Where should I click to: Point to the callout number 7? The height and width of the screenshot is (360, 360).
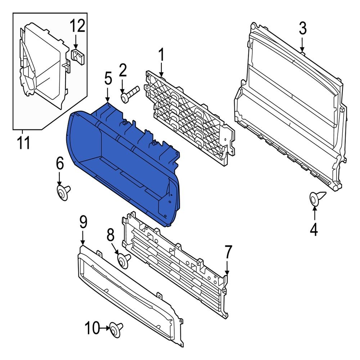pyautogui.click(x=228, y=252)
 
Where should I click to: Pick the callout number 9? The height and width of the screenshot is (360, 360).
pyautogui.click(x=83, y=222)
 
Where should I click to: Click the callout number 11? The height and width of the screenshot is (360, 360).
pyautogui.click(x=23, y=143)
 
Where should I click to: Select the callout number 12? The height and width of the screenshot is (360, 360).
pyautogui.click(x=77, y=26)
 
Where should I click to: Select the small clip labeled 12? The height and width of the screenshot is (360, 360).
pyautogui.click(x=77, y=56)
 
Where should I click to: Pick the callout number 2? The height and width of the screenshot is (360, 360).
pyautogui.click(x=123, y=71)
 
